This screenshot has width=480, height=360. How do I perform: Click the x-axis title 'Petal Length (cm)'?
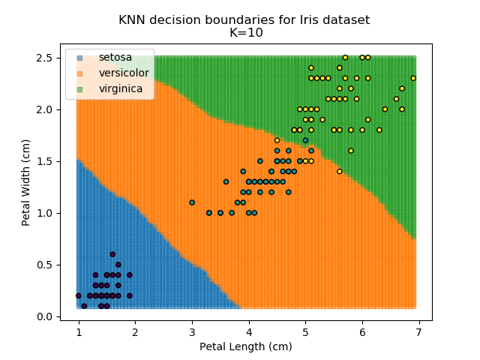[245, 346]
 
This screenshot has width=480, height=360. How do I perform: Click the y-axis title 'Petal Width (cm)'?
[26, 182]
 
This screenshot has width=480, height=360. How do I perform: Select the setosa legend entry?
[113, 58]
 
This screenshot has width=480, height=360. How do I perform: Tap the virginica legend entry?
[120, 89]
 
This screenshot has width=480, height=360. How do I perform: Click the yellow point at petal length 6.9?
[413, 78]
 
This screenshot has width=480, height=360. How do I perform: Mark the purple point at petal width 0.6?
[112, 254]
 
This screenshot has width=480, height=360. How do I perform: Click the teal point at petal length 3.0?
[192, 202]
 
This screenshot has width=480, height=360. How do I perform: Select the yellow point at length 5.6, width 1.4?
[340, 171]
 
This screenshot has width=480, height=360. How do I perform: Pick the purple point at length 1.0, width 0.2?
[79, 295]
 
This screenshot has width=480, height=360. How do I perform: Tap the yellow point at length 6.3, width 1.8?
[379, 130]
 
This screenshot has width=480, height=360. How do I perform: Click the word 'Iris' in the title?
[306, 19]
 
